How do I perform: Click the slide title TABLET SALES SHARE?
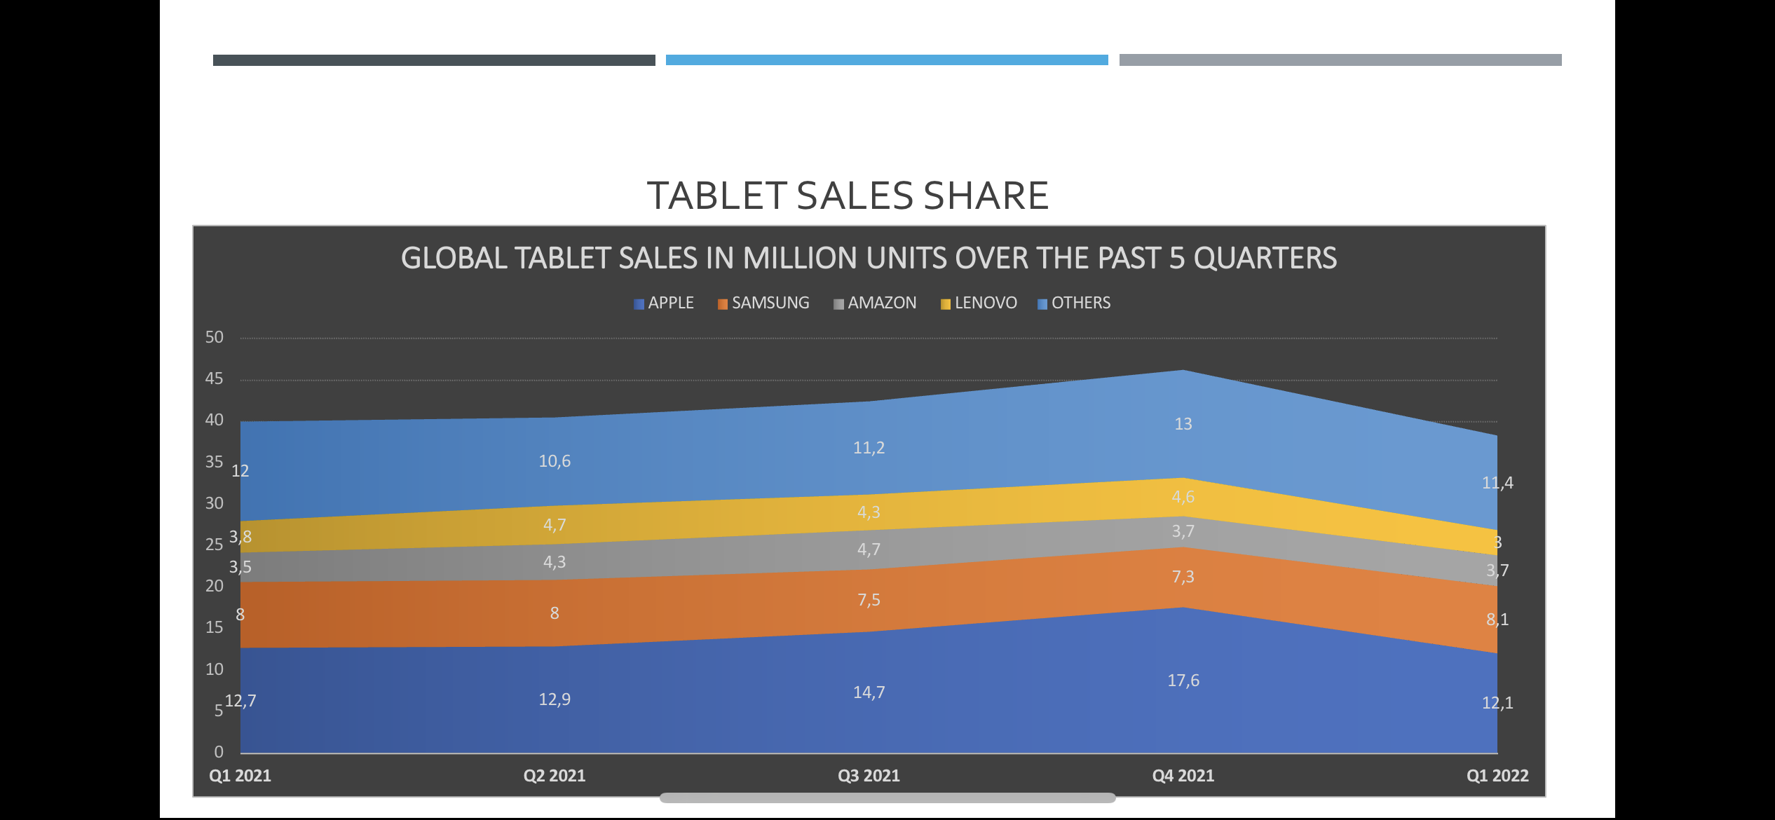point(847,196)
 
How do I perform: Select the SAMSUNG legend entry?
point(763,303)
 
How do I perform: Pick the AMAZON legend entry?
point(875,303)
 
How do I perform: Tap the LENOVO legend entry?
point(979,303)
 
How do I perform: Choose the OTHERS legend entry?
point(1074,303)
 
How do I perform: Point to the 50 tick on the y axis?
point(214,337)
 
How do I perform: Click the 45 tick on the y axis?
point(214,378)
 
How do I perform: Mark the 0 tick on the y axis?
point(219,752)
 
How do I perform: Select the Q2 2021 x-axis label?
point(554,776)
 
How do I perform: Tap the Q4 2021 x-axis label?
point(1183,776)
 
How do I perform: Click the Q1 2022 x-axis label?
point(1497,776)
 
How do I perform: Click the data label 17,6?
point(1183,681)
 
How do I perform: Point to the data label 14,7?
point(869,692)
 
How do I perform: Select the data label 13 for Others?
point(1183,424)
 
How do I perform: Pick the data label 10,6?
point(554,461)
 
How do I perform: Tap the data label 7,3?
point(1183,577)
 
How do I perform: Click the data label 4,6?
point(1183,497)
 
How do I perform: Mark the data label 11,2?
point(869,448)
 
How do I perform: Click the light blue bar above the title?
point(887,60)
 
